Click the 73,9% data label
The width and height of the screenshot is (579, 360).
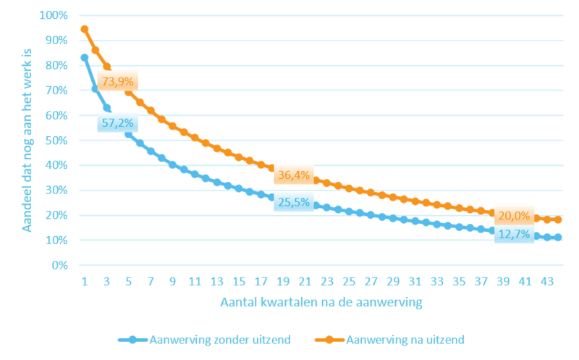click(117, 81)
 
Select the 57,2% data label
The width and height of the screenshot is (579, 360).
click(117, 122)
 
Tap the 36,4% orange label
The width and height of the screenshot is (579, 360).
click(294, 175)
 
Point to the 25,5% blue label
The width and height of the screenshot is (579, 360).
click(294, 202)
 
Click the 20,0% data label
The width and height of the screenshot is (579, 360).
click(514, 215)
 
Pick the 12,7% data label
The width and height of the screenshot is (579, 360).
click(514, 234)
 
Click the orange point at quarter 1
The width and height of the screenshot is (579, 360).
click(85, 29)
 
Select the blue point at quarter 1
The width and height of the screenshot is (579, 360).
click(85, 58)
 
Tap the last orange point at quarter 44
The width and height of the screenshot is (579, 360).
click(558, 219)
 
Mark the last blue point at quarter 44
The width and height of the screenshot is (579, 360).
click(558, 238)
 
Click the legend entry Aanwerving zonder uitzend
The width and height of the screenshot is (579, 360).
click(204, 340)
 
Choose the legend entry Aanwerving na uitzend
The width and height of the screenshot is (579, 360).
click(389, 340)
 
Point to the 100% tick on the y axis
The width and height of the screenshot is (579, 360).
click(54, 15)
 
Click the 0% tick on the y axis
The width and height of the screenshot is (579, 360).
click(59, 265)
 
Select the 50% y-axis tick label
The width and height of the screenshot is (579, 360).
click(56, 141)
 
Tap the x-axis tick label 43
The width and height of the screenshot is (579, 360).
click(547, 282)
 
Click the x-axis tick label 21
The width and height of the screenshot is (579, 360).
click(305, 282)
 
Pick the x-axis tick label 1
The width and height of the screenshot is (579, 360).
click(85, 282)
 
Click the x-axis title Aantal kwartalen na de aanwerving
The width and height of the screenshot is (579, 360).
click(321, 302)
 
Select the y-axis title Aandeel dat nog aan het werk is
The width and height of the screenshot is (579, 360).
click(27, 141)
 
